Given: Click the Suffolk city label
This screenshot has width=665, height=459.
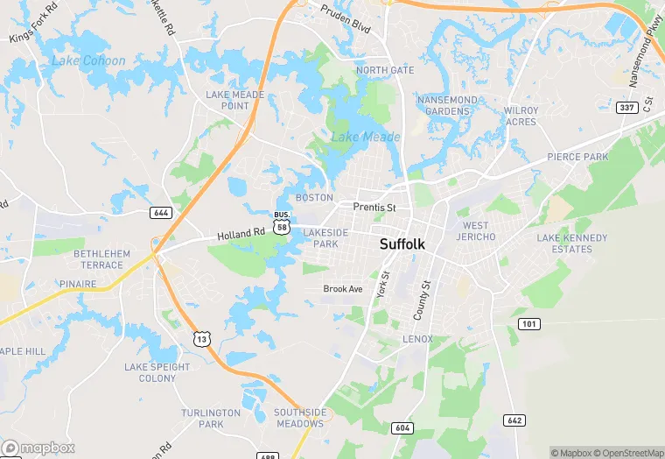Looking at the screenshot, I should click(402, 244).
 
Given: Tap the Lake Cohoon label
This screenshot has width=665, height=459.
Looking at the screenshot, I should click(88, 60).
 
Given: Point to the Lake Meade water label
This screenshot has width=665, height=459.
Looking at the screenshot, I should click(365, 137).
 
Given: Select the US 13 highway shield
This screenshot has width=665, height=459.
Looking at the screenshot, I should click(202, 338).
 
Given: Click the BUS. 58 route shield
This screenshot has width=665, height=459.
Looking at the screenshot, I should click(281, 222).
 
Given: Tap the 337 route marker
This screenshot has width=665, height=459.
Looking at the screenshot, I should click(626, 108).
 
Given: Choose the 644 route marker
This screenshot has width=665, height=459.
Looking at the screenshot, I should click(160, 213).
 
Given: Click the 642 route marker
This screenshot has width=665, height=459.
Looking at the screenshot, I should click(515, 420).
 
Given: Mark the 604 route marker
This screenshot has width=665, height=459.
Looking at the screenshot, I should click(402, 427).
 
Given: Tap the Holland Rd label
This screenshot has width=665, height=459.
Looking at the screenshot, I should click(241, 234).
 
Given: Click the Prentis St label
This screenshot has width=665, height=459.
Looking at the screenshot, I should click(374, 208).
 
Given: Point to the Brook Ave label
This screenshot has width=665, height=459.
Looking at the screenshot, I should click(342, 288).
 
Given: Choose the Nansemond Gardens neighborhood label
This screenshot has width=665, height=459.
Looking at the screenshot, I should click(448, 106).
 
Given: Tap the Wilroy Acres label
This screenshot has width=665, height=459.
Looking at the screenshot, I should click(521, 117).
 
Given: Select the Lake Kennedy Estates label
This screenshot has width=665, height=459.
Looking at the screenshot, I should click(571, 243).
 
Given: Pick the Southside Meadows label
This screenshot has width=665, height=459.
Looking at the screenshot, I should click(299, 417).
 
